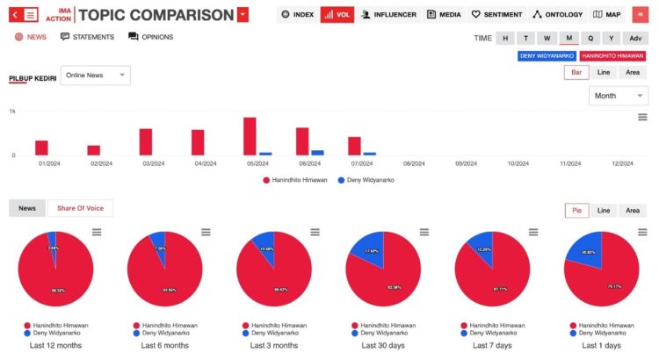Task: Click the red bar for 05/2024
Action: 250,136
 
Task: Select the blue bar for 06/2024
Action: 317,153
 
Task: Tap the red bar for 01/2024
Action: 41,148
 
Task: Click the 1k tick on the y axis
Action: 12,112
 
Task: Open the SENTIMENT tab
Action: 496,15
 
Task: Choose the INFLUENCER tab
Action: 389,15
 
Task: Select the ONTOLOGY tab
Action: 558,15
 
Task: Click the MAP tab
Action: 607,15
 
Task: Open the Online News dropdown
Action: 95,76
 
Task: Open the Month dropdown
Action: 618,96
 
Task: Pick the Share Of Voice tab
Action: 80,208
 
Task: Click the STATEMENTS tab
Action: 88,37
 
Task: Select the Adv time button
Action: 634,38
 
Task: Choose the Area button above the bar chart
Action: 633,73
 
